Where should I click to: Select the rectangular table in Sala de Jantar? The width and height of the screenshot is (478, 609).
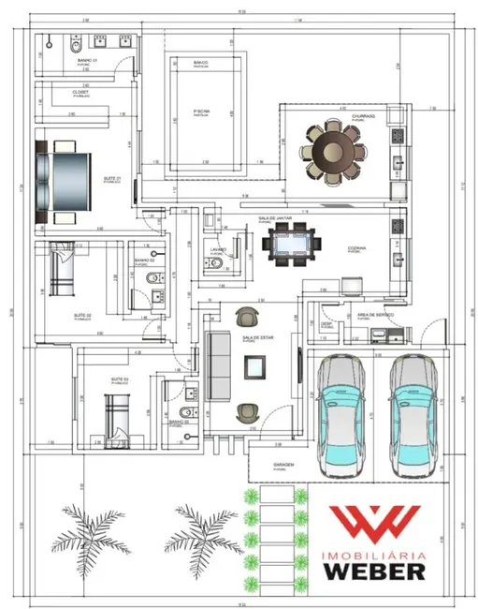click(288, 243)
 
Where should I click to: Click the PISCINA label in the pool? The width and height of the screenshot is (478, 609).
click(200, 110)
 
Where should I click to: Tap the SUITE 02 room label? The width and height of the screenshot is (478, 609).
click(82, 316)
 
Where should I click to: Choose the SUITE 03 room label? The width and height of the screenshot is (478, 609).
click(119, 379)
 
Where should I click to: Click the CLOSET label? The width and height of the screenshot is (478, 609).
click(80, 93)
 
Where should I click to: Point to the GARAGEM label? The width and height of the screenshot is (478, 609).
click(285, 465)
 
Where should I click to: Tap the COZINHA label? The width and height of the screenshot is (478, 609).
click(356, 248)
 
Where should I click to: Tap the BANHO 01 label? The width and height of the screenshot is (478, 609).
click(87, 60)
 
